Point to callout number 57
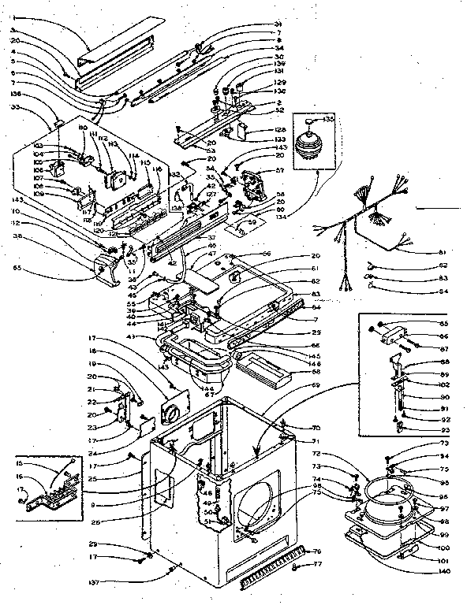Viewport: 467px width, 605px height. (x=278, y=170)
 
